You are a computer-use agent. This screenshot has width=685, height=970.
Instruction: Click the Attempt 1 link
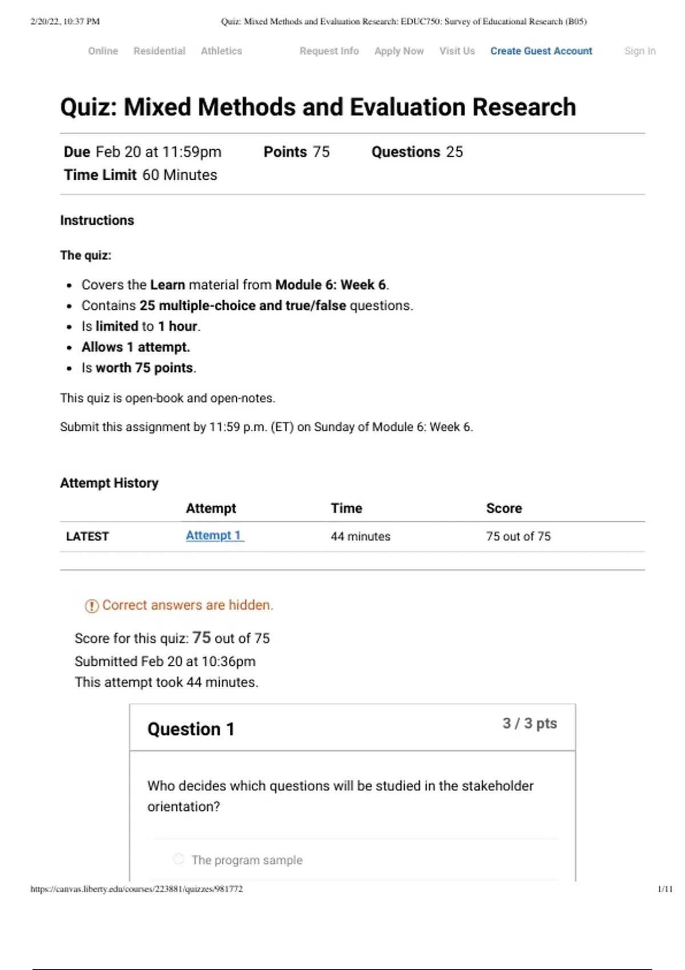tap(214, 536)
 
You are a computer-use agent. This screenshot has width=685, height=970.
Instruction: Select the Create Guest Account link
tap(541, 51)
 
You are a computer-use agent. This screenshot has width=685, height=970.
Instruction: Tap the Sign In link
tap(639, 51)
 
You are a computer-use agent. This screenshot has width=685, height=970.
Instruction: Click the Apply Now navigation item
tap(399, 51)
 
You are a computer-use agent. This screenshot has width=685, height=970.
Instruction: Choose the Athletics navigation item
tap(221, 51)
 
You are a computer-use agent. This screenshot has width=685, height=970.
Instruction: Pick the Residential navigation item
tap(159, 51)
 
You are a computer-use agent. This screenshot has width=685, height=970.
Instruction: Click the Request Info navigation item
tap(329, 51)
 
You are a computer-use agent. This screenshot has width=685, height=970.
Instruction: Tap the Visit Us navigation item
tap(457, 51)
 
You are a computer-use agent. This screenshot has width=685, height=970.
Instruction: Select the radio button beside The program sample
tap(179, 859)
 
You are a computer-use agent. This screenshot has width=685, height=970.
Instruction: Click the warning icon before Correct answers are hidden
tap(91, 606)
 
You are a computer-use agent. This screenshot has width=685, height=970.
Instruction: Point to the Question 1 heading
tap(191, 729)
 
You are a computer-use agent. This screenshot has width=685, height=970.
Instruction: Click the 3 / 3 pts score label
tap(529, 724)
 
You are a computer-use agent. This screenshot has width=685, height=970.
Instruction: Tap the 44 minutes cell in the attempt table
tap(360, 536)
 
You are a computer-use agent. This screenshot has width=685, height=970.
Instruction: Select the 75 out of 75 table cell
tap(518, 536)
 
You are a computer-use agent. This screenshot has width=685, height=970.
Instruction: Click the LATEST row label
tap(87, 536)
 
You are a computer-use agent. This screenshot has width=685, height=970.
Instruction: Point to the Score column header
tap(503, 508)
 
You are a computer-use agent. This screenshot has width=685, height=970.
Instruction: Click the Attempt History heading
tap(109, 483)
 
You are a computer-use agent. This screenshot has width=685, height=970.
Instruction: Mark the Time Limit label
tap(100, 175)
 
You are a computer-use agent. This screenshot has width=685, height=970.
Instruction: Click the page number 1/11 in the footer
tap(665, 889)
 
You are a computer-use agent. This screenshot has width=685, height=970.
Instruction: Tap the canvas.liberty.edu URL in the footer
tap(136, 889)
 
